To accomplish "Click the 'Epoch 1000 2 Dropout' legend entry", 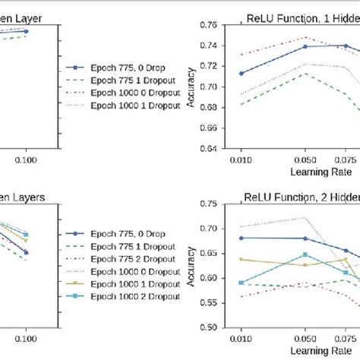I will point(134,296).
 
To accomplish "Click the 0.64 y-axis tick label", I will point(207,148).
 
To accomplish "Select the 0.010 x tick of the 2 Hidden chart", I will point(242,341).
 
